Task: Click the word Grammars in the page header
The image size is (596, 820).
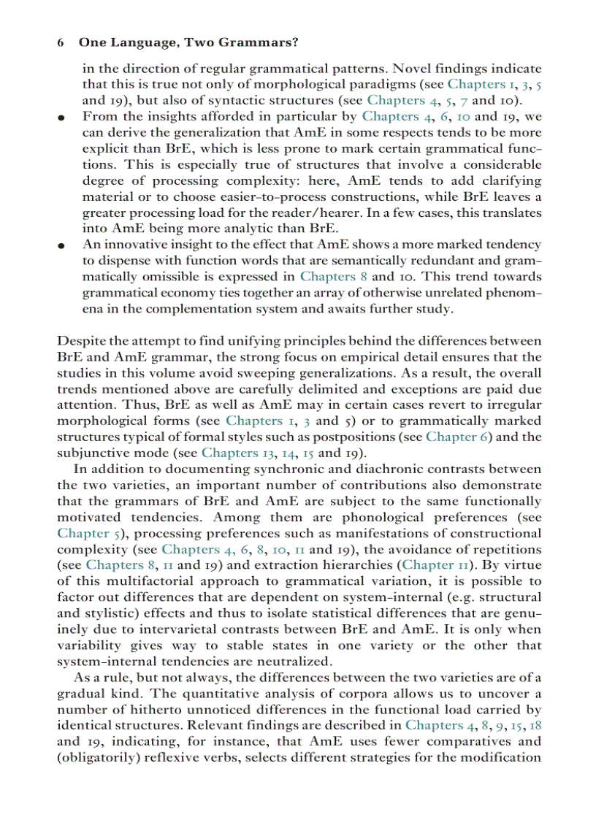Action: pos(261,43)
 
